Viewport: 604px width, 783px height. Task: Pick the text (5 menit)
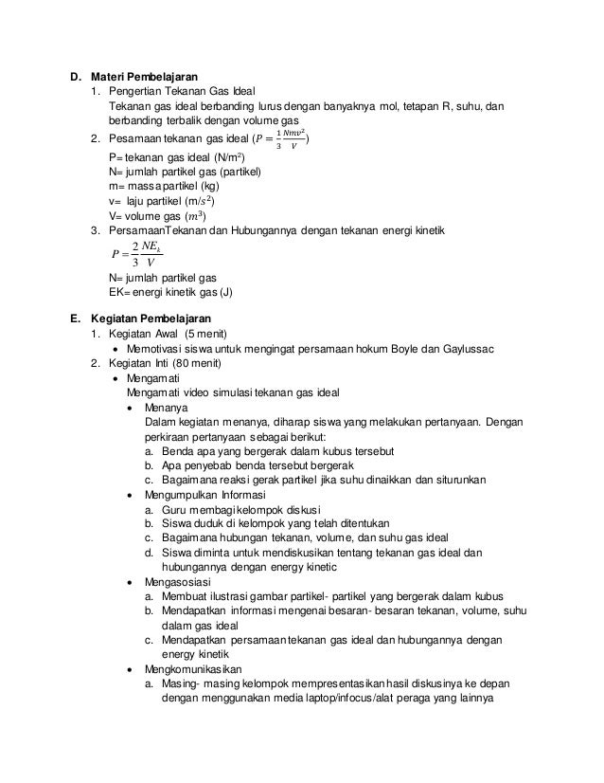pos(200,335)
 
